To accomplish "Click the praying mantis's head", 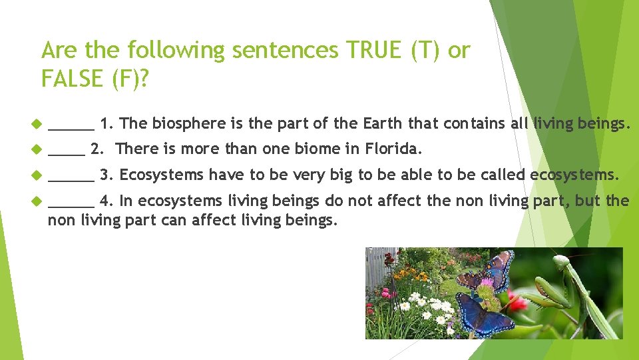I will (x=561, y=261).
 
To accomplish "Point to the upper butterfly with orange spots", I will (x=497, y=270).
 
